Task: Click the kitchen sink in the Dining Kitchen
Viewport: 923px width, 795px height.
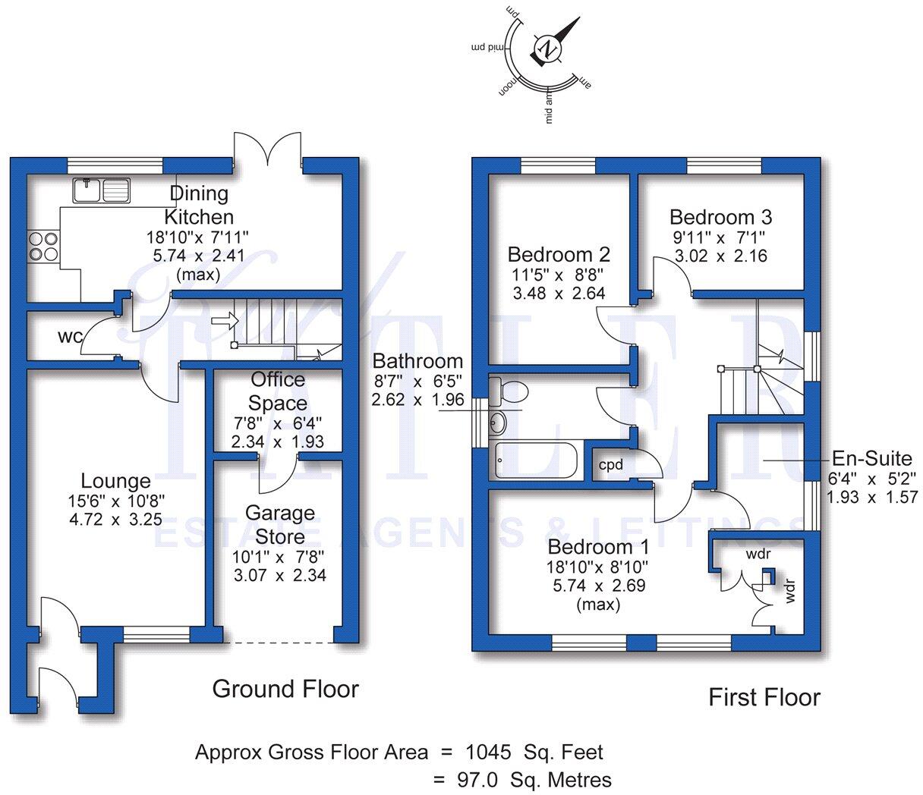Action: (x=102, y=189)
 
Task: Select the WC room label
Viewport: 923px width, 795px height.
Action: (x=68, y=337)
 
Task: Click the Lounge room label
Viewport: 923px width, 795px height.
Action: (x=116, y=481)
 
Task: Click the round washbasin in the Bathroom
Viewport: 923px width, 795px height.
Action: (x=498, y=423)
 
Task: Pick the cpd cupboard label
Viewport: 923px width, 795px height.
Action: (x=611, y=464)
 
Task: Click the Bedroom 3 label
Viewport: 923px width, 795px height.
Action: (x=720, y=217)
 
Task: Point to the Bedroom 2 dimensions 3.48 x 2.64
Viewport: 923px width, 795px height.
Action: (x=559, y=292)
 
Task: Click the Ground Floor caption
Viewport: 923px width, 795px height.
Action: (x=285, y=689)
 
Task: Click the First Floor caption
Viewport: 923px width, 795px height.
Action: (x=764, y=697)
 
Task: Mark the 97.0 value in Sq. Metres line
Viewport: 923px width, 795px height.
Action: (x=476, y=779)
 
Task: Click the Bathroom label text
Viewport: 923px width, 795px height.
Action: (x=417, y=361)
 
